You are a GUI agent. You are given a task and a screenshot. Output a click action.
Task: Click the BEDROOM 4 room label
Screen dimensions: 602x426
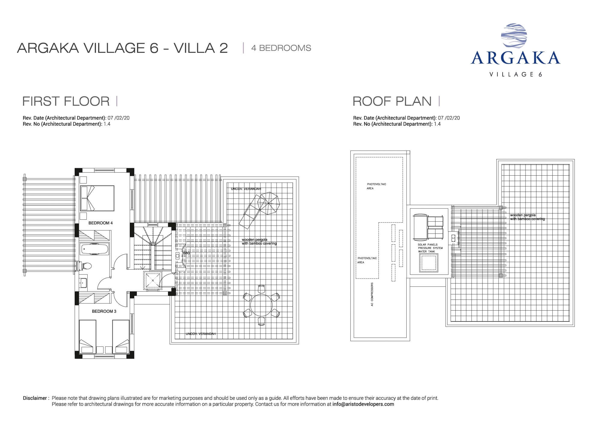[101, 223]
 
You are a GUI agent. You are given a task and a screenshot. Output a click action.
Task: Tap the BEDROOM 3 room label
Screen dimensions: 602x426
[104, 311]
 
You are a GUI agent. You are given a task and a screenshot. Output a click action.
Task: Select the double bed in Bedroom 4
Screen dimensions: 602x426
[97, 198]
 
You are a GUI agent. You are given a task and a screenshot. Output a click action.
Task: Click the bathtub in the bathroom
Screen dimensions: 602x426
[95, 249]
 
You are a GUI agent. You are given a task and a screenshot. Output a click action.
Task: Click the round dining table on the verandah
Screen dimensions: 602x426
[262, 304]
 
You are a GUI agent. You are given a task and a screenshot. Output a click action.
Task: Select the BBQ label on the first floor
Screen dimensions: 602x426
[187, 253]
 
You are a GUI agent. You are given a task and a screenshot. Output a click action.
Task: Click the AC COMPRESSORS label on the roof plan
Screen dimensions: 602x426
[372, 294]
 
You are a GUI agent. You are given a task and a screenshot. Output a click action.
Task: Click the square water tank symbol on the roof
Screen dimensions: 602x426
[428, 263]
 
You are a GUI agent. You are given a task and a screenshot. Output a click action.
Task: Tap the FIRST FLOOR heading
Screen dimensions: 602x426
[66, 101]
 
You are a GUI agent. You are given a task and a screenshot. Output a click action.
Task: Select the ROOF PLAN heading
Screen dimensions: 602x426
[392, 101]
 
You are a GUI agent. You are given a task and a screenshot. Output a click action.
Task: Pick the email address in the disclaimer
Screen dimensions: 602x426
[363, 404]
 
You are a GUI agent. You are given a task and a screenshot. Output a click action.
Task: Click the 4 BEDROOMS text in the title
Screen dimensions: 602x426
[281, 48]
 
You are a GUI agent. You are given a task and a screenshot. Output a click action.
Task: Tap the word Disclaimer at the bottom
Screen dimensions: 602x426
[35, 398]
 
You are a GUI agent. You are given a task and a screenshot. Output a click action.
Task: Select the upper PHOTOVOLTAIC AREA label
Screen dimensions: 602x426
[376, 186]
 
